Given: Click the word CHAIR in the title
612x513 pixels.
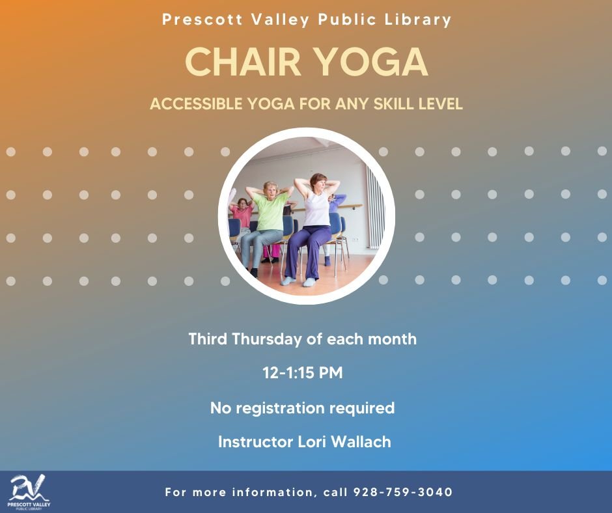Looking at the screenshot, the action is click(243, 62).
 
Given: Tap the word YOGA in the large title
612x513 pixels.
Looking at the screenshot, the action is click(371, 62).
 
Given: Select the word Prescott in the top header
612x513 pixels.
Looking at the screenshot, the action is click(202, 19).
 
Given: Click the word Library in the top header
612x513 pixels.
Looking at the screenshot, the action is click(417, 20).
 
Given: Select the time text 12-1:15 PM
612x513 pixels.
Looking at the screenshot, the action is click(303, 373).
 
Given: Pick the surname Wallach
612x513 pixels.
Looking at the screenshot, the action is click(361, 442).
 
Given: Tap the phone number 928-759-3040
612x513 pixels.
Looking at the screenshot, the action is click(403, 492).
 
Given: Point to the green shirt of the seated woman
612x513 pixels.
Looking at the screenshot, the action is click(270, 211).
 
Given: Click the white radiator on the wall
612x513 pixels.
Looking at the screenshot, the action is click(374, 207).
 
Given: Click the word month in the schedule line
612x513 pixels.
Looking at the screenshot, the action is click(392, 339).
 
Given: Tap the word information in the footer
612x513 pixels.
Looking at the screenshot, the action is click(273, 492).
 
